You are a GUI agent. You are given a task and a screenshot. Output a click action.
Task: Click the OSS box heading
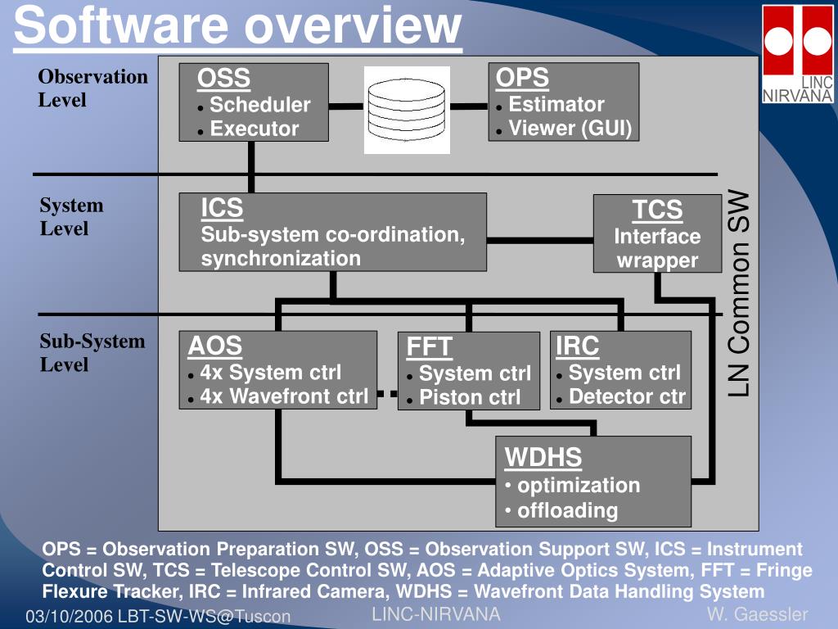(x=223, y=79)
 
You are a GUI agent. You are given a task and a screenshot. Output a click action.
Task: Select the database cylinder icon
(x=407, y=111)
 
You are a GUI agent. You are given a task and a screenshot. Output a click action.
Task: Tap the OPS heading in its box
(x=522, y=78)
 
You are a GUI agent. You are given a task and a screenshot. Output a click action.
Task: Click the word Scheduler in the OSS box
(x=259, y=105)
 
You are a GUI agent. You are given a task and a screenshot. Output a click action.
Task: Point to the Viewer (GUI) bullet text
(x=570, y=129)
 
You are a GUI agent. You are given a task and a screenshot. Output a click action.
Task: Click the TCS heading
(x=657, y=210)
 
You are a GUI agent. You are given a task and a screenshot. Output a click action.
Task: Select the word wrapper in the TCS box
(x=657, y=260)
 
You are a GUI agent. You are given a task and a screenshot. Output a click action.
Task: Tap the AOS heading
(x=214, y=346)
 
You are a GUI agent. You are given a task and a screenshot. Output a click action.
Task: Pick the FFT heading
(x=429, y=346)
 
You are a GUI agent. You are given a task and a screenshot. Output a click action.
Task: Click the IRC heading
(x=577, y=346)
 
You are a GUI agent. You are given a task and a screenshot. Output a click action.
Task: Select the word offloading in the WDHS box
(x=567, y=511)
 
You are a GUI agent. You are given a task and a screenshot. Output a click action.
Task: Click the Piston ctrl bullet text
(x=470, y=398)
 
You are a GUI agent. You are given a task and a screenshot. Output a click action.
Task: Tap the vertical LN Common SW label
(x=739, y=293)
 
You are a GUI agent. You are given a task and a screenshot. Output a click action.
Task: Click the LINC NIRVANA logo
(x=797, y=53)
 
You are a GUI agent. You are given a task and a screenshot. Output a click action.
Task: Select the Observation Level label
(x=92, y=88)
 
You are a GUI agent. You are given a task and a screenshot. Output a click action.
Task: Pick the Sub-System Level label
(x=92, y=353)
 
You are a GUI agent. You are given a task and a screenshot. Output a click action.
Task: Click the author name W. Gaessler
(x=757, y=614)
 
